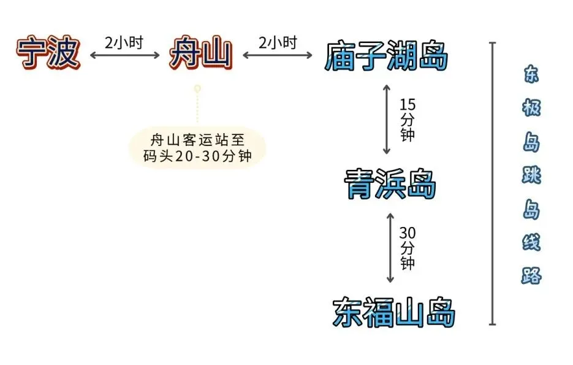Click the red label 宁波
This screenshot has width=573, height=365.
[x=48, y=53]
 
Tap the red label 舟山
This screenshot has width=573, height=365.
[x=200, y=55]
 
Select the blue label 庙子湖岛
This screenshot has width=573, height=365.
[x=386, y=56]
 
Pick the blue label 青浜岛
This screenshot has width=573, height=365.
[x=390, y=184]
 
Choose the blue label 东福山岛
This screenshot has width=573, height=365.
[x=394, y=312]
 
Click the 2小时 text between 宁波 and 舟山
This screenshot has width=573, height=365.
[x=124, y=43]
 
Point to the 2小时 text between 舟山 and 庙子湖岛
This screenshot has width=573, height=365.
[x=277, y=43]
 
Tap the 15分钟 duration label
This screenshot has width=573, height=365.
[x=407, y=119]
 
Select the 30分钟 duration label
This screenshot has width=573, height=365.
[x=408, y=248]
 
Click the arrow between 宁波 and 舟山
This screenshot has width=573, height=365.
[x=124, y=55]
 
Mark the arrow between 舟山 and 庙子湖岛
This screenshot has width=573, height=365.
[x=278, y=55]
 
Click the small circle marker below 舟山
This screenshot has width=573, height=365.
[x=197, y=90]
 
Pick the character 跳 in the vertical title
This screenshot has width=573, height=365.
[x=531, y=177]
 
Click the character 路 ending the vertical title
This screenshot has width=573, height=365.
[x=531, y=275]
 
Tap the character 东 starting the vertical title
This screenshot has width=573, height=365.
[x=531, y=75]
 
